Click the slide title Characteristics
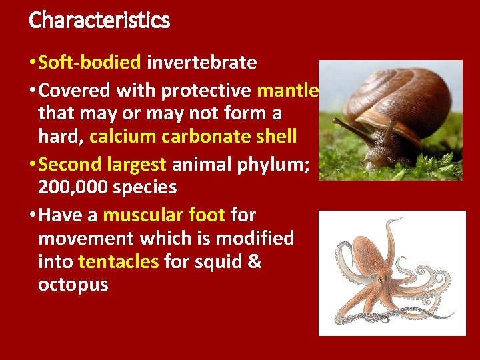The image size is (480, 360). pos(99,20)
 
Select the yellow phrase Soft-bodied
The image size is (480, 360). pos(90,63)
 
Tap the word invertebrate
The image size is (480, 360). pos(201,63)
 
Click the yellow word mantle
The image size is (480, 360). pos(289,89)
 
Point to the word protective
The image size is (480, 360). pos(206,89)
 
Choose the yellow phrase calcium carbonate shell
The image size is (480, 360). pos(193,137)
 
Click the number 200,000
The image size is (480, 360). pos(73,187)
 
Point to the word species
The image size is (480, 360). pos(145,188)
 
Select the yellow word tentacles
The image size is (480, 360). pos(119,261)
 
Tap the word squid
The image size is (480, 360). pos(217,262)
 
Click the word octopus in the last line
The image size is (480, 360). pos(73,285)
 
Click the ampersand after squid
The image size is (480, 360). pos(254,261)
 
